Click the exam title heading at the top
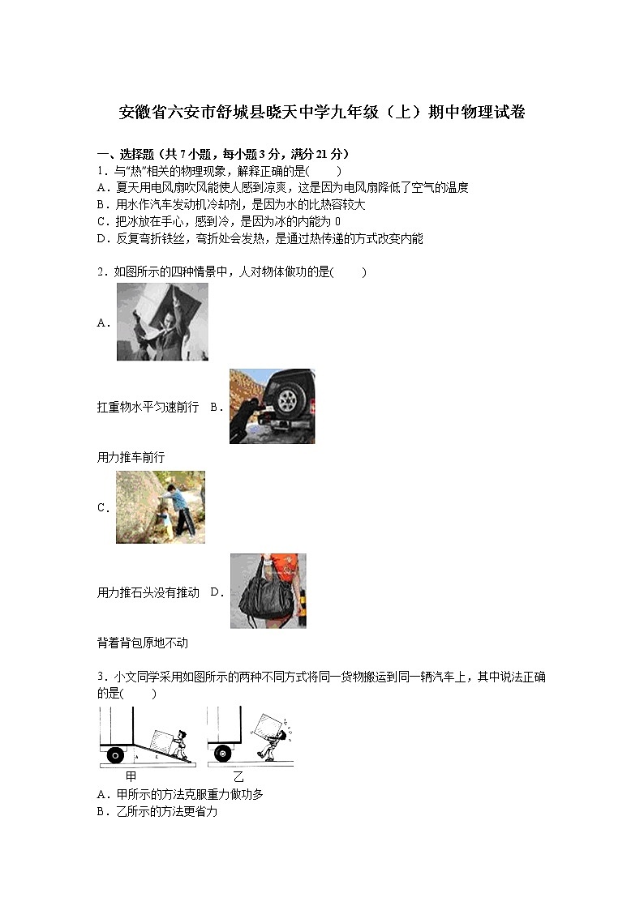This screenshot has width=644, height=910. (322, 113)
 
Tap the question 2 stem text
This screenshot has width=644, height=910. (231, 272)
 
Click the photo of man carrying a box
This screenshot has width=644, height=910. (162, 322)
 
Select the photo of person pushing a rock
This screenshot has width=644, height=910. (161, 507)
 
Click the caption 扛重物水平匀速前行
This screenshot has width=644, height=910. (148, 408)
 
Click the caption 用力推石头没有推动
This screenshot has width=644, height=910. (148, 593)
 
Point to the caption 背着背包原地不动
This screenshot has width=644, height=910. (142, 643)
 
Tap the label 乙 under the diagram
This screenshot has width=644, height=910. (238, 776)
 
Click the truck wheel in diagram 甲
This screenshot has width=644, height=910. (115, 755)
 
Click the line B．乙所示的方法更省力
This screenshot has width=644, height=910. (157, 811)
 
